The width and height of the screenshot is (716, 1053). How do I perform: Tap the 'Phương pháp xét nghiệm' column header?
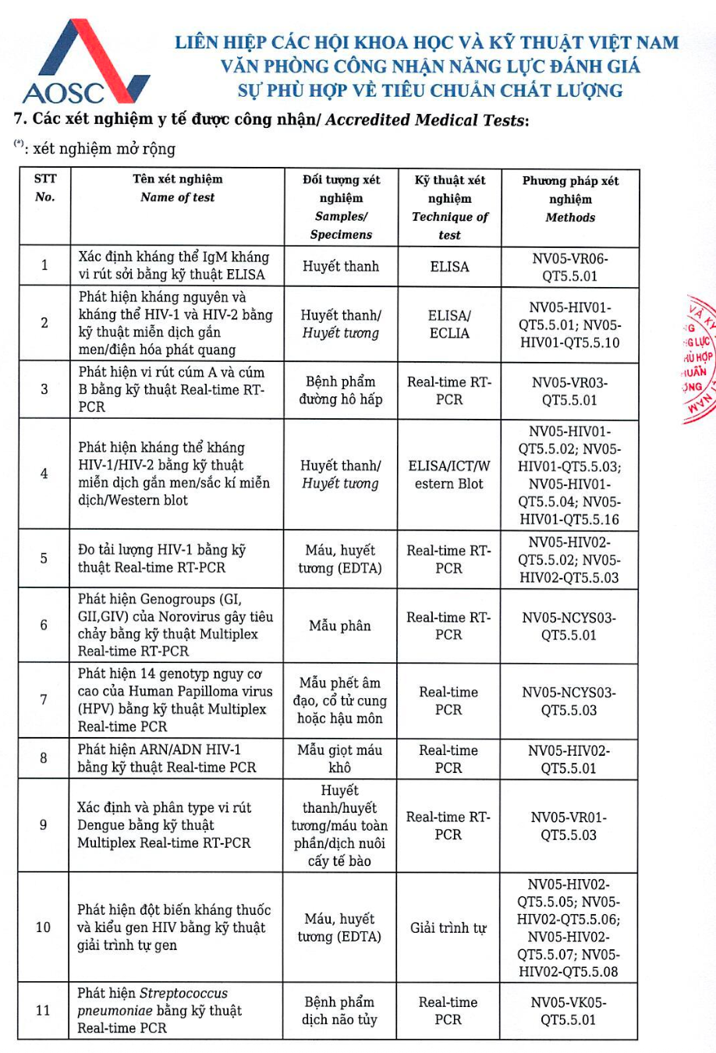[570, 199]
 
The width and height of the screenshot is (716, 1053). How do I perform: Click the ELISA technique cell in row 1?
[449, 267]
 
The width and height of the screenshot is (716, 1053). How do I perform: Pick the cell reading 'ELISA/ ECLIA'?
[449, 324]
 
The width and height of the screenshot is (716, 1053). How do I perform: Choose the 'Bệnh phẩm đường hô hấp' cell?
[341, 391]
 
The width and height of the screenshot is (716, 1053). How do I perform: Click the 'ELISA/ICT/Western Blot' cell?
[449, 475]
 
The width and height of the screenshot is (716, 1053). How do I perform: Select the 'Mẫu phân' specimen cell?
[340, 626]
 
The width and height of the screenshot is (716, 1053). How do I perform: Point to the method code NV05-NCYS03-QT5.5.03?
[569, 701]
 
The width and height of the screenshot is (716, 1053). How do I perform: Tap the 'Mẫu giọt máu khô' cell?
[340, 759]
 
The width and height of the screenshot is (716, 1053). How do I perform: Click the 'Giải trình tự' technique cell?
[448, 928]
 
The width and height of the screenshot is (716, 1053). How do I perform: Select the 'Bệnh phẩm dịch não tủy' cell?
[340, 1011]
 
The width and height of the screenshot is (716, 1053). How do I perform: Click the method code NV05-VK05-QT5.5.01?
[569, 1011]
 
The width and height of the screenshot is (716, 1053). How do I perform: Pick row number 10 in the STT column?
[43, 927]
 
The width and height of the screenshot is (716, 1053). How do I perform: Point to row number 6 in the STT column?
[44, 626]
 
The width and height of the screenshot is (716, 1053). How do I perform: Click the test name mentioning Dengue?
[164, 825]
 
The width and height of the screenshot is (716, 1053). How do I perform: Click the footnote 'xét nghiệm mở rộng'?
[104, 149]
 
